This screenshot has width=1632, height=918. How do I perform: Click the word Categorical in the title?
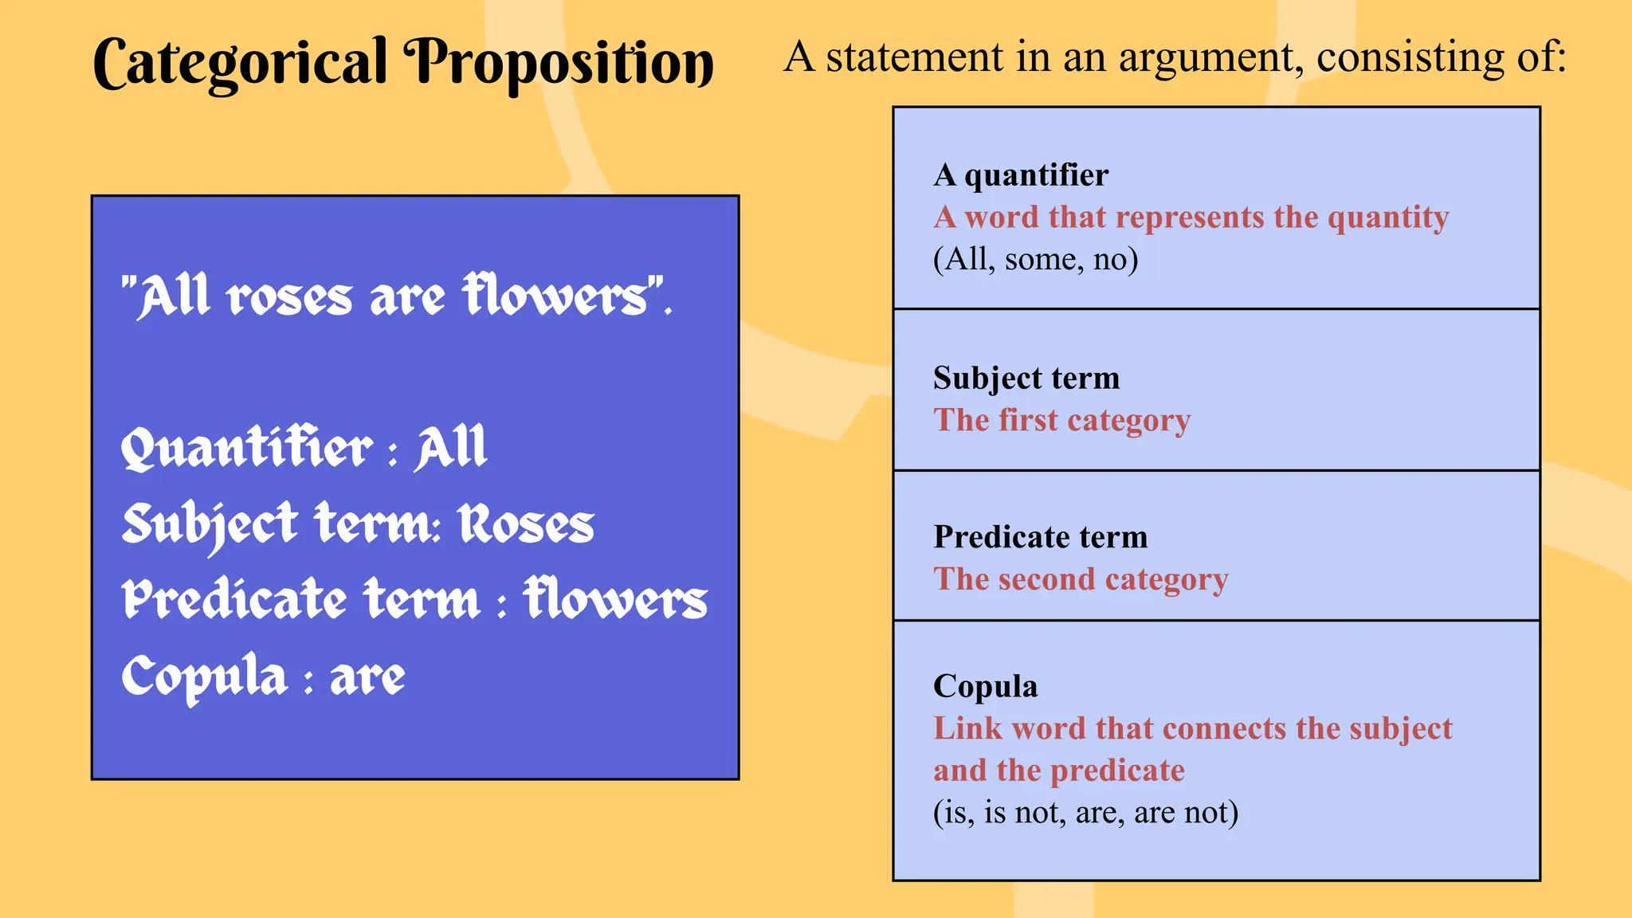[x=240, y=64]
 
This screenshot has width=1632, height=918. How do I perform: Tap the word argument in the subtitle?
[x=1211, y=57]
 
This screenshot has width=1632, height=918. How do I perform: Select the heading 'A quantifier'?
[x=1021, y=175]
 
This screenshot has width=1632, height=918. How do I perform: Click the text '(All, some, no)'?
[x=1035, y=259]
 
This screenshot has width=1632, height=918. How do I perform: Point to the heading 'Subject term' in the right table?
[x=1026, y=378]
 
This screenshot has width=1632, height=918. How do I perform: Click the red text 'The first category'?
[x=1062, y=420]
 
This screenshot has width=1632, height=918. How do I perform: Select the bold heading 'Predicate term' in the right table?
[x=1041, y=537]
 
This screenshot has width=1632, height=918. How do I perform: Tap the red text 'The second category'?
[x=1081, y=579]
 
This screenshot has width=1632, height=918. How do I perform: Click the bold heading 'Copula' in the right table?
[x=986, y=686]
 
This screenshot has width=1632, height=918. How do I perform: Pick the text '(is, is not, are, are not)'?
[x=1085, y=812]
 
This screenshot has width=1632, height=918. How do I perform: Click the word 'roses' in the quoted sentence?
[x=289, y=298]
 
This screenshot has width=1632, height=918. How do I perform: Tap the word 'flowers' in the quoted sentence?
[x=558, y=296]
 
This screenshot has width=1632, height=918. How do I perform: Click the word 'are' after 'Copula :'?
[x=367, y=677]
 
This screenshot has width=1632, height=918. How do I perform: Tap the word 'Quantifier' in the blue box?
[x=246, y=448]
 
